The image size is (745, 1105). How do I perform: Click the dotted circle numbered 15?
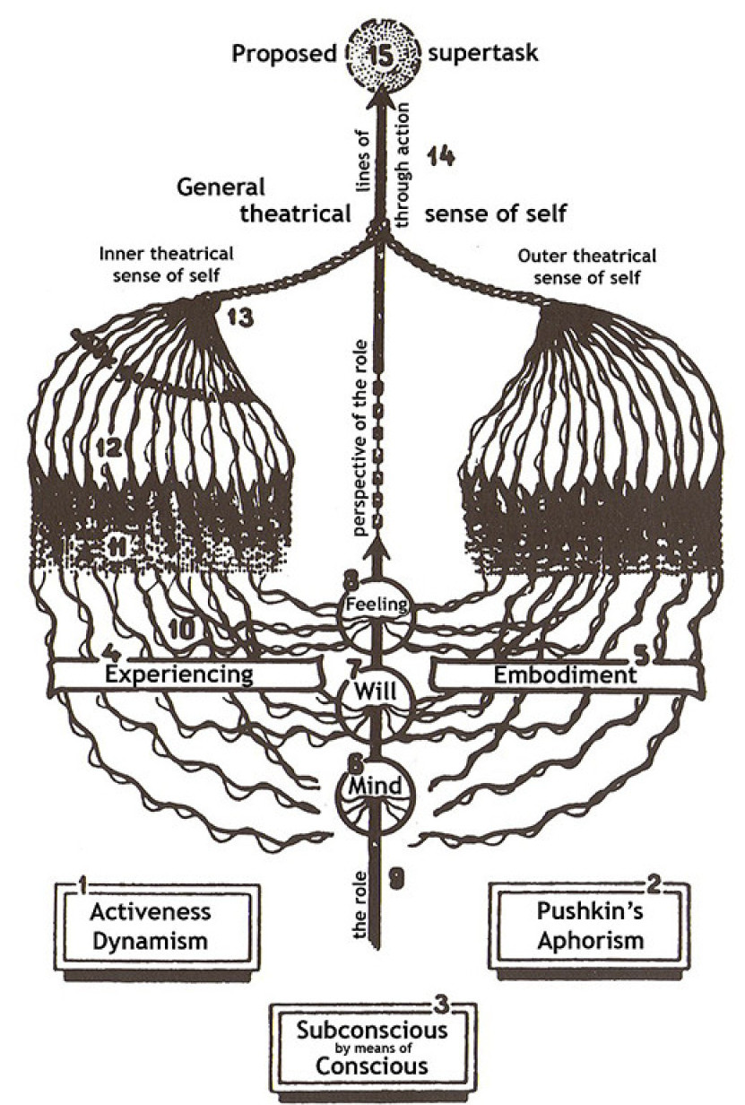(378, 54)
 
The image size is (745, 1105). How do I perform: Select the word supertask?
(483, 54)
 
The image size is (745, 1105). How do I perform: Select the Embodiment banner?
(565, 674)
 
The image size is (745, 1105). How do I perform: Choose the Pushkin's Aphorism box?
(590, 927)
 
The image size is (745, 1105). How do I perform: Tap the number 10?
(179, 631)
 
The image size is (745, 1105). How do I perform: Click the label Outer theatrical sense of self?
(587, 265)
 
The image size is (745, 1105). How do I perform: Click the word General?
(221, 187)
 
